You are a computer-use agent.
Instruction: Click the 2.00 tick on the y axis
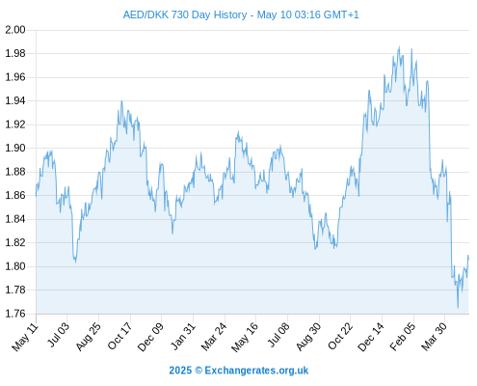pyautogui.click(x=15, y=30)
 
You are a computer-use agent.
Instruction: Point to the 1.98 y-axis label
pyautogui.click(x=15, y=53)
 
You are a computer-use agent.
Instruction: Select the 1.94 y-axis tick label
pyautogui.click(x=15, y=100)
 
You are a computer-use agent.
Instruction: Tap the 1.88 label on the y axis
pyautogui.click(x=15, y=172)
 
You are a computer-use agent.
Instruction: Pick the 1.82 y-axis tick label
pyautogui.click(x=15, y=242)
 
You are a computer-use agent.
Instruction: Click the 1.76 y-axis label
pyautogui.click(x=15, y=314)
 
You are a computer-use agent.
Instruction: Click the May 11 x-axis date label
pyautogui.click(x=25, y=337)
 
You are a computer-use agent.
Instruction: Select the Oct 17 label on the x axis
pyautogui.click(x=119, y=336)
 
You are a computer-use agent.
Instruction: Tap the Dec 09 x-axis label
pyautogui.click(x=150, y=337)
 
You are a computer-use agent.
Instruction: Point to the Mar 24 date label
pyautogui.click(x=214, y=337)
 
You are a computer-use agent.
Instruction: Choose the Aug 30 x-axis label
pyautogui.click(x=308, y=337)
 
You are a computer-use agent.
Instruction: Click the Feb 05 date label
pyautogui.click(x=403, y=337)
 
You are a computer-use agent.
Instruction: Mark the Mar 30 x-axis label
pyautogui.click(x=434, y=337)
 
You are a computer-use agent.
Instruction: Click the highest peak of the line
pyautogui.click(x=399, y=46)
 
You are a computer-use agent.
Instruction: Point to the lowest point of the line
pyautogui.click(x=458, y=308)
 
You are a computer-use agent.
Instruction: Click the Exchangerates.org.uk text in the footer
pyautogui.click(x=256, y=371)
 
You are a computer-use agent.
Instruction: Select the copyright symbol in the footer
pyautogui.click(x=199, y=371)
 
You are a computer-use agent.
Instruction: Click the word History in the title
pyautogui.click(x=230, y=14)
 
